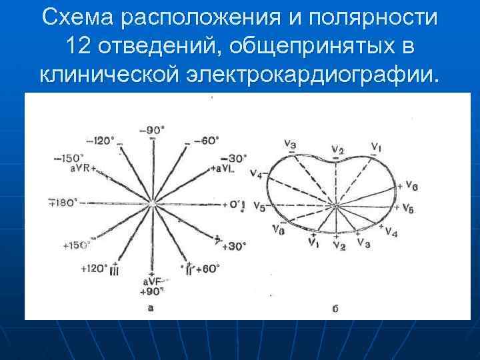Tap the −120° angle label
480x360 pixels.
(x=101, y=140)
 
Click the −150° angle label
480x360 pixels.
(x=68, y=159)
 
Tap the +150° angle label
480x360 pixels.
(x=77, y=245)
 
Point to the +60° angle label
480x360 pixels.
(x=208, y=268)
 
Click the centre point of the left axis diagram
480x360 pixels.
(x=154, y=203)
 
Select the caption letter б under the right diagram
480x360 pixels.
(x=336, y=308)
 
